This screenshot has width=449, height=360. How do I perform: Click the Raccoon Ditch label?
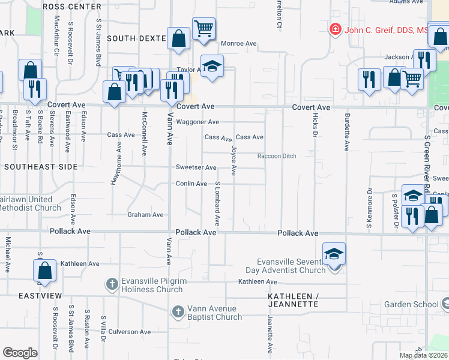pyautogui.click(x=277, y=156)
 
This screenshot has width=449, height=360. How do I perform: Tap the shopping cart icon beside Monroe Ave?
pyautogui.click(x=204, y=28)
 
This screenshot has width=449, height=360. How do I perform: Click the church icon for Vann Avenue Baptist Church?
pyautogui.click(x=178, y=311)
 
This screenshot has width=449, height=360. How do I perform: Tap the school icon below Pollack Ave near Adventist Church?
pyautogui.click(x=334, y=254)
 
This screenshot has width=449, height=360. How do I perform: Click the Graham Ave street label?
pyautogui.click(x=145, y=215)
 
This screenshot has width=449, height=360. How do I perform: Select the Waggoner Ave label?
pyautogui.click(x=197, y=122)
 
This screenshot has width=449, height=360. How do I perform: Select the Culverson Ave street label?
pyautogui.click(x=128, y=331)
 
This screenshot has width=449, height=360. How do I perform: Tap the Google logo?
pyautogui.click(x=20, y=353)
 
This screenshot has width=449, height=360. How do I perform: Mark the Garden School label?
pyautogui.click(x=414, y=304)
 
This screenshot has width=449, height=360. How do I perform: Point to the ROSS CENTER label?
pyautogui.click(x=71, y=7)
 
